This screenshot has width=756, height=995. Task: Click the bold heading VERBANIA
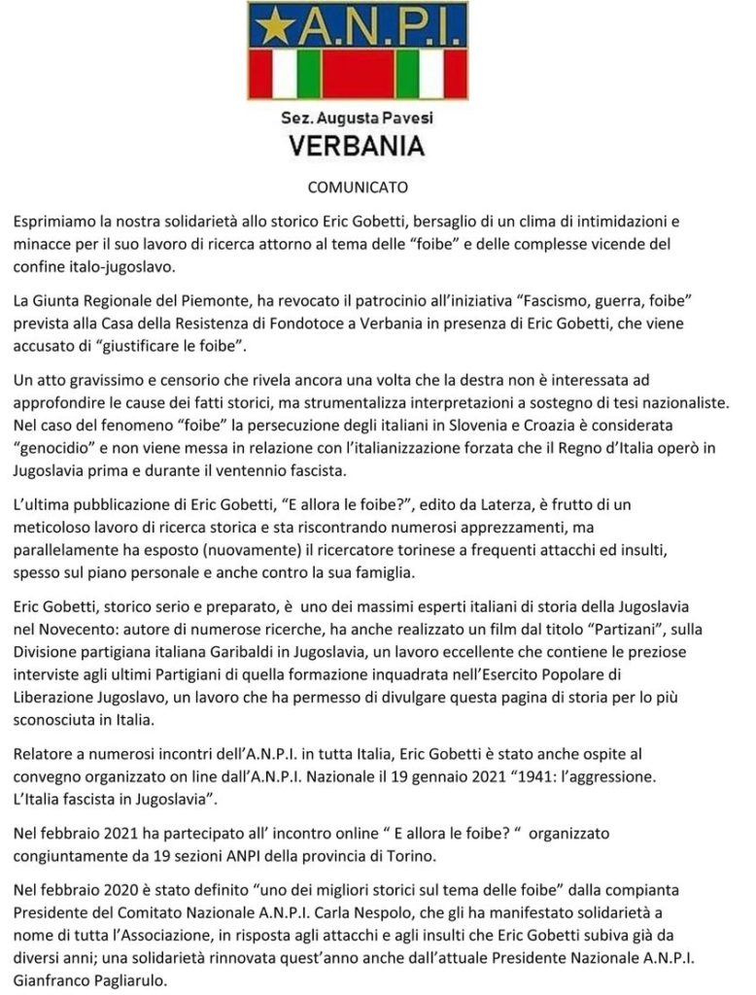[x=358, y=146]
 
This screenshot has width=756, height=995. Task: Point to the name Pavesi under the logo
[x=405, y=119]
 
